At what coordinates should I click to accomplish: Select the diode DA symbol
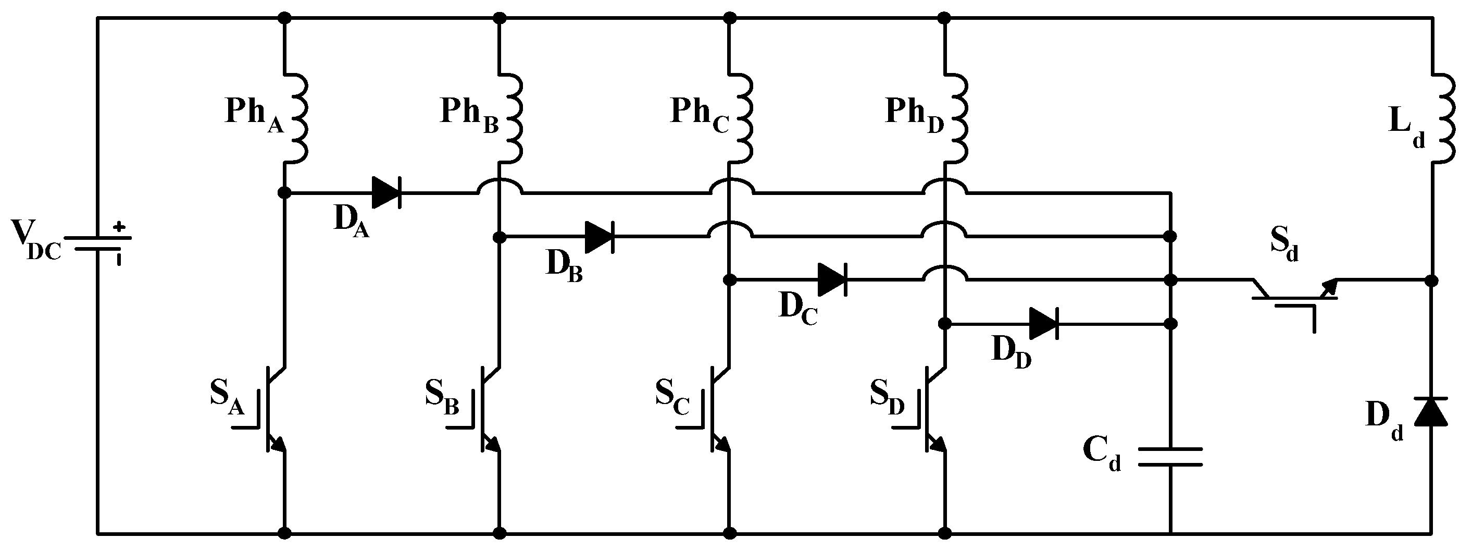pyautogui.click(x=386, y=193)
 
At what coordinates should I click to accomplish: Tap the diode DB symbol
pyautogui.click(x=600, y=237)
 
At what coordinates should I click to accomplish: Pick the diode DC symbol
pyautogui.click(x=832, y=280)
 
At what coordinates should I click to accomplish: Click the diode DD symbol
pyautogui.click(x=1043, y=324)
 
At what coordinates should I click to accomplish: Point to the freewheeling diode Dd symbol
pyautogui.click(x=1431, y=412)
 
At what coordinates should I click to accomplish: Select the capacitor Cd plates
pyautogui.click(x=1170, y=457)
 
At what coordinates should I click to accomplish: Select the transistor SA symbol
pyautogui.click(x=269, y=408)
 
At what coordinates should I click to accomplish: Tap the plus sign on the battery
pyautogui.click(x=119, y=226)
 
